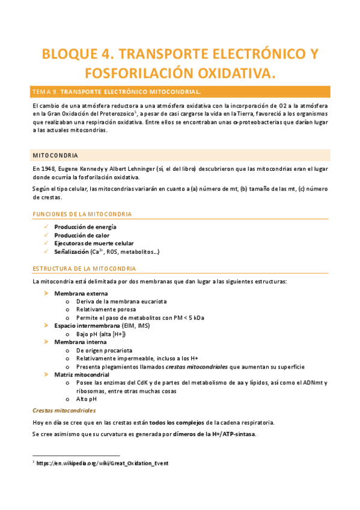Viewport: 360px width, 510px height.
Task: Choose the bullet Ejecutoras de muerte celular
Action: click(93, 244)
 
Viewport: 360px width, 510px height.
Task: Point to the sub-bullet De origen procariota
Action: click(104, 350)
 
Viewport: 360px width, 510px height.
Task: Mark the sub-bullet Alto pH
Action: click(86, 399)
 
